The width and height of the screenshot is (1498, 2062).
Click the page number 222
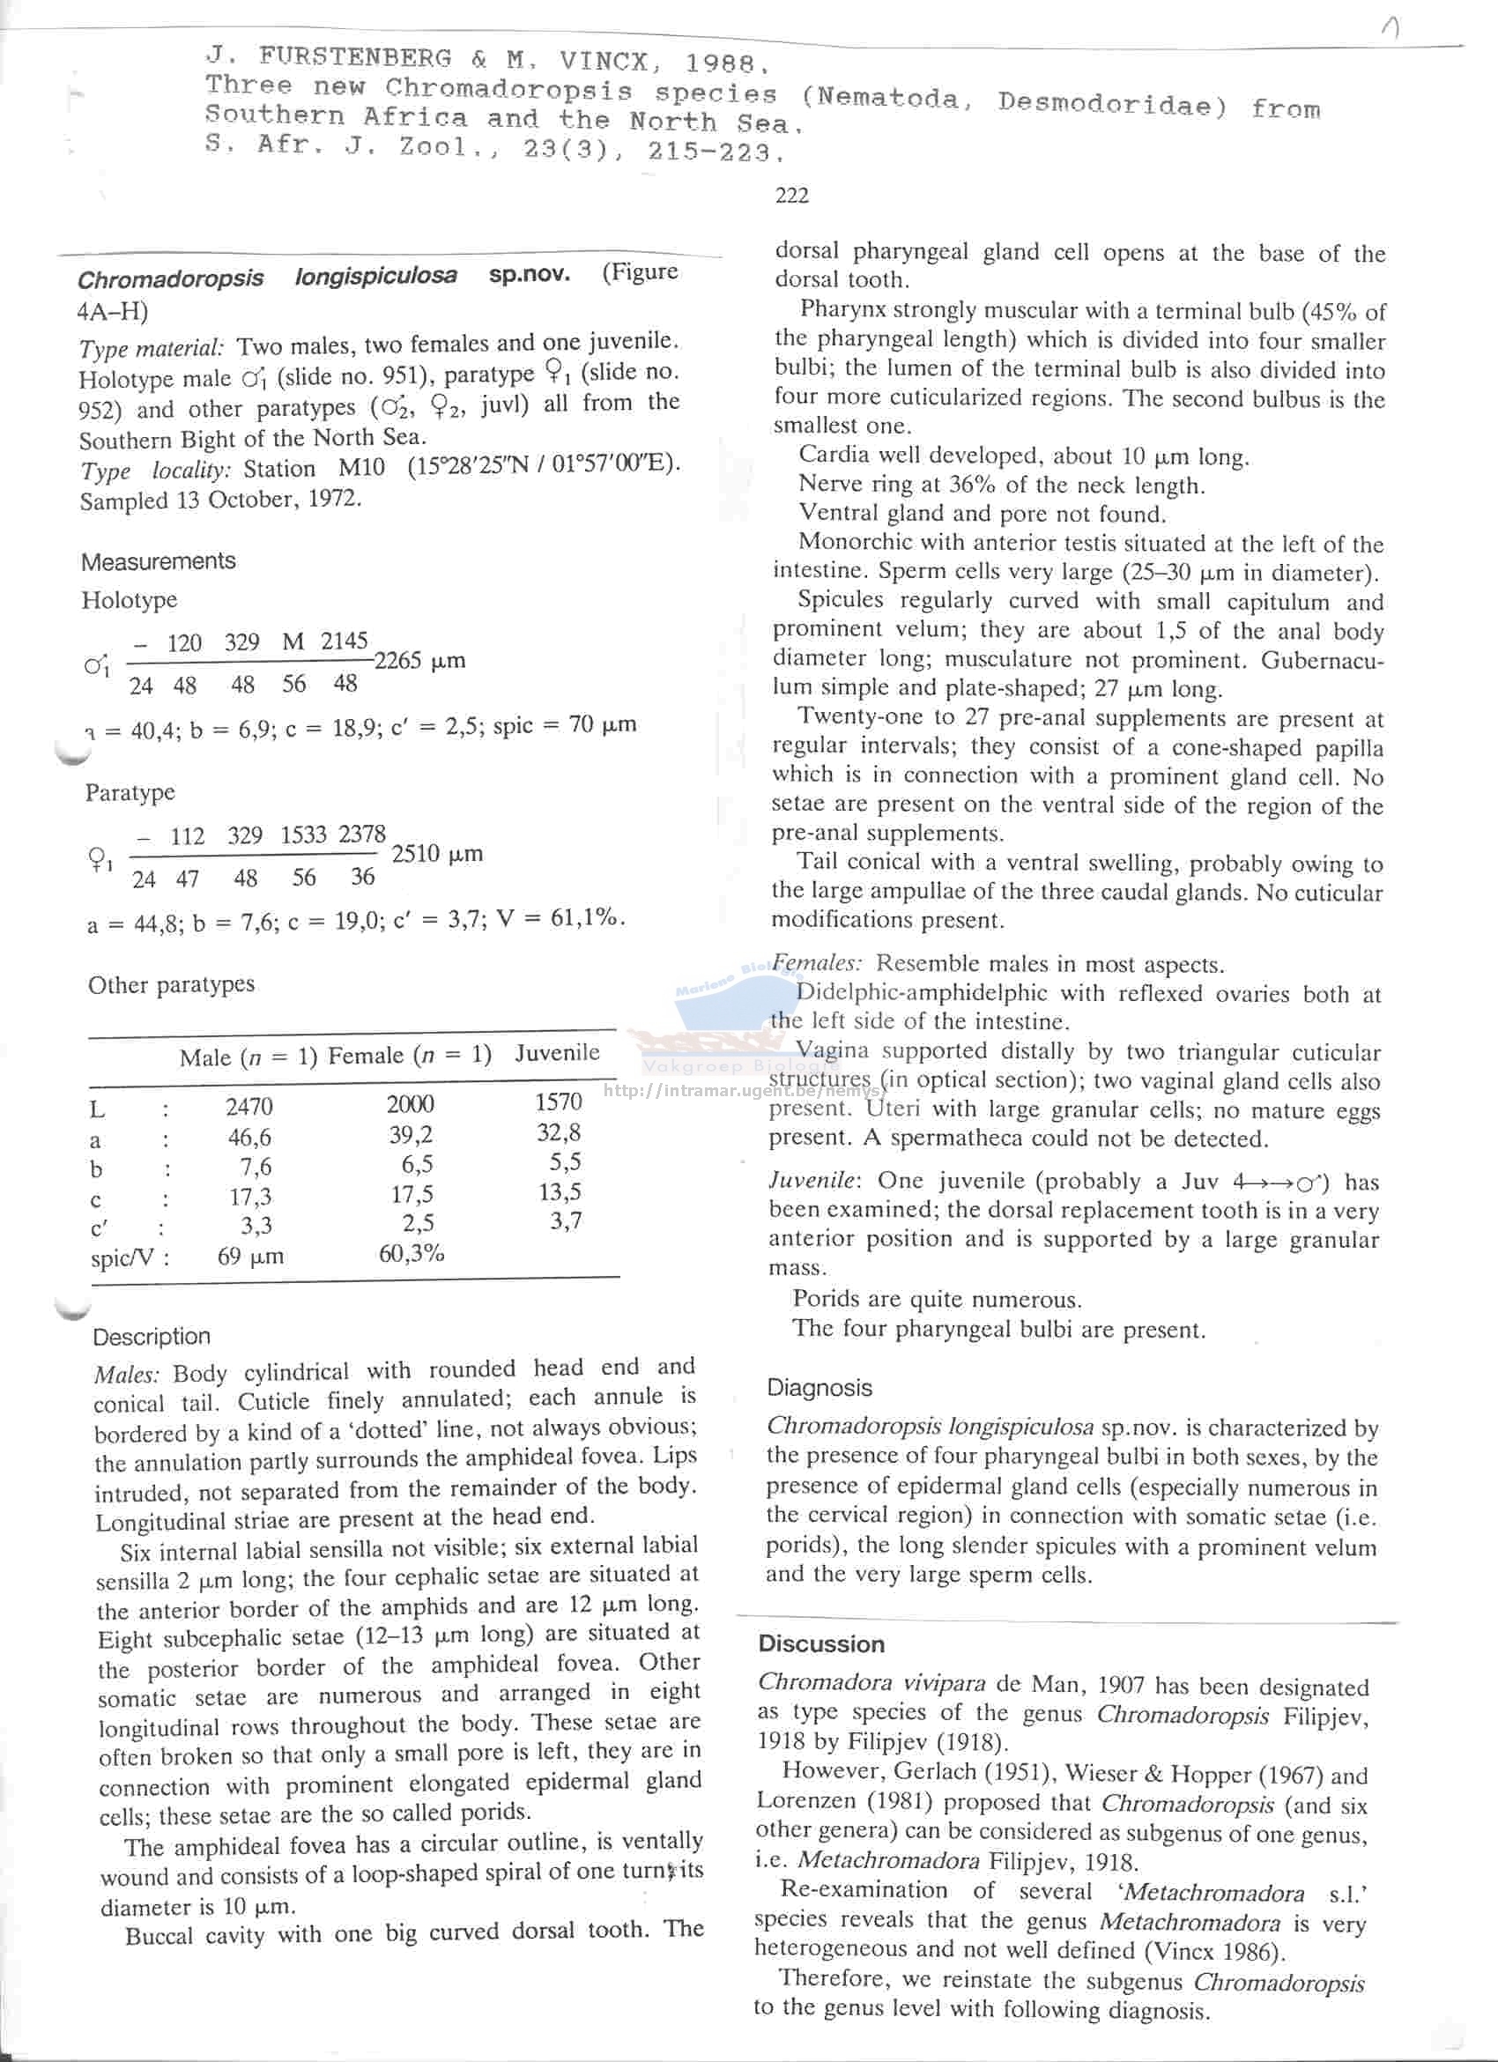point(790,196)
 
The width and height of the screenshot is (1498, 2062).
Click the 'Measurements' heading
point(158,562)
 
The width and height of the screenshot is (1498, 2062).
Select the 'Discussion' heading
point(820,1643)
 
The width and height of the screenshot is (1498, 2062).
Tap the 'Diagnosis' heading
point(819,1387)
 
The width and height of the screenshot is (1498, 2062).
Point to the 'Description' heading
point(151,1337)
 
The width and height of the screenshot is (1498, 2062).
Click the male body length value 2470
point(249,1107)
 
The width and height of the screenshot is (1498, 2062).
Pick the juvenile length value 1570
point(558,1101)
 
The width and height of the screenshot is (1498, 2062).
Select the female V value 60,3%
point(411,1254)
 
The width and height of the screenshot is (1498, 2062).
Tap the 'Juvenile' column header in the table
point(556,1053)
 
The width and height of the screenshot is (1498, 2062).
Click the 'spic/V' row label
point(129,1258)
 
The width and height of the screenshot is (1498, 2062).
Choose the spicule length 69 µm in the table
point(250,1257)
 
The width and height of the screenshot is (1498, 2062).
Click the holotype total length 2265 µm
point(419,661)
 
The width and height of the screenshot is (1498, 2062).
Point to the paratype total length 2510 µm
point(436,855)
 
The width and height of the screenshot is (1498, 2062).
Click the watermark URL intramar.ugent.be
point(743,1090)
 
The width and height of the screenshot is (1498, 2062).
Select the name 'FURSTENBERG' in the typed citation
point(354,57)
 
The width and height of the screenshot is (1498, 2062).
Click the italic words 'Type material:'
point(151,348)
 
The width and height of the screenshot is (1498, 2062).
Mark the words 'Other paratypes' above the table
point(171,985)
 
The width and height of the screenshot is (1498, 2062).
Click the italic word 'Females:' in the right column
point(816,963)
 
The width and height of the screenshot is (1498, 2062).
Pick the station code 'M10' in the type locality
point(361,468)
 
